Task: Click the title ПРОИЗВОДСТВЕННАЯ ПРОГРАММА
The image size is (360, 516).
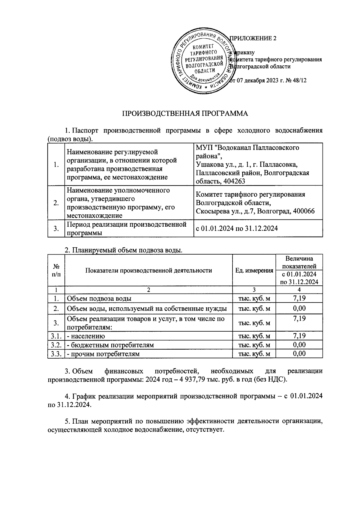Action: click(x=185, y=114)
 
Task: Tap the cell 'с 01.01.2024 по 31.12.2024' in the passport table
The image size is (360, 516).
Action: click(x=237, y=228)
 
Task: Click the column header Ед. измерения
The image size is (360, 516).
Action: click(x=254, y=270)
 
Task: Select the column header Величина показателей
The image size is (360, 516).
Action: click(x=299, y=262)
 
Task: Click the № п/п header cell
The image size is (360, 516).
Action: click(x=56, y=270)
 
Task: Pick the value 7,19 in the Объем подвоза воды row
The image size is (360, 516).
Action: click(x=299, y=298)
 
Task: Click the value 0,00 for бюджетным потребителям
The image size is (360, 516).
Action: click(x=299, y=345)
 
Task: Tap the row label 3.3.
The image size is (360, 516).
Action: click(x=56, y=354)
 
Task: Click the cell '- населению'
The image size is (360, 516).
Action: click(x=86, y=336)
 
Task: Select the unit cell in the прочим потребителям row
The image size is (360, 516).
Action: click(x=254, y=354)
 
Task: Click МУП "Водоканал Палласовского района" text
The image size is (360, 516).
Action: click(x=247, y=152)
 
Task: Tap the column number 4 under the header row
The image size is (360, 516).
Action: click(x=299, y=290)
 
